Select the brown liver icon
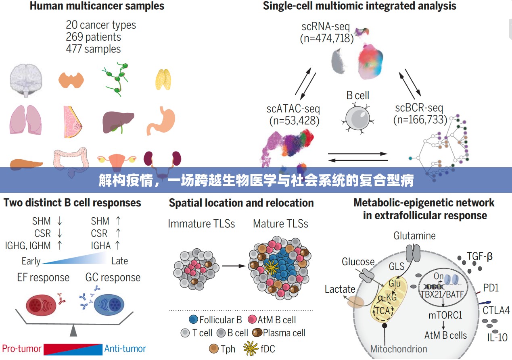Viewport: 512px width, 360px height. [117, 121]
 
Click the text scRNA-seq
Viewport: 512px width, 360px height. [326, 27]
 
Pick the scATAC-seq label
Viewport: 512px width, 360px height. [293, 108]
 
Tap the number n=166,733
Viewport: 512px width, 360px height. [420, 120]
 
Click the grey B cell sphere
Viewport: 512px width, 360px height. [357, 118]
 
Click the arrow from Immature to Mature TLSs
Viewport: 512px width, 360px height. [234, 266]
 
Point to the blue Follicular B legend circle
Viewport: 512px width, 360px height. [193, 320]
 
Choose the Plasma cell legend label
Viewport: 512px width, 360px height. [284, 333]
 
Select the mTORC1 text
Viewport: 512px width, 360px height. [445, 315]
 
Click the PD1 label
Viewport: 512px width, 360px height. [491, 288]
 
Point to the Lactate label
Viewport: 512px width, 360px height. [340, 289]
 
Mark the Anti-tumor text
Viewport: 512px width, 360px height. [125, 349]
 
